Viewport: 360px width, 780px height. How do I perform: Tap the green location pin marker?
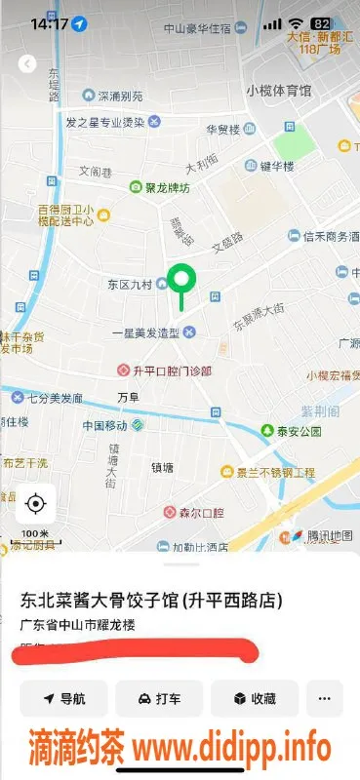click(x=180, y=280)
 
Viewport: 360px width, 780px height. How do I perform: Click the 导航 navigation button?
click(x=64, y=698)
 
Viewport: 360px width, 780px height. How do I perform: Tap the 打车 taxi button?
click(x=159, y=698)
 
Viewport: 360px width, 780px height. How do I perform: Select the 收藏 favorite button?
click(x=254, y=698)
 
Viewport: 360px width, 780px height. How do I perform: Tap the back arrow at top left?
click(x=27, y=64)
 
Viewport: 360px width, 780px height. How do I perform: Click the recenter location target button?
click(x=36, y=503)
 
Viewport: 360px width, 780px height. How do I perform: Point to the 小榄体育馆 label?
click(x=278, y=91)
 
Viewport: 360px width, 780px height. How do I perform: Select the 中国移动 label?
click(x=105, y=426)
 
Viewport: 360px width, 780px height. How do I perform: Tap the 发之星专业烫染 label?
click(x=104, y=122)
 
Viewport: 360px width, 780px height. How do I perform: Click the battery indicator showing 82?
click(x=320, y=22)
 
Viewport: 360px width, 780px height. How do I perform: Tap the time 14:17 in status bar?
click(x=49, y=22)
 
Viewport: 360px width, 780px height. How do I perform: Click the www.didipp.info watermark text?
click(x=231, y=749)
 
